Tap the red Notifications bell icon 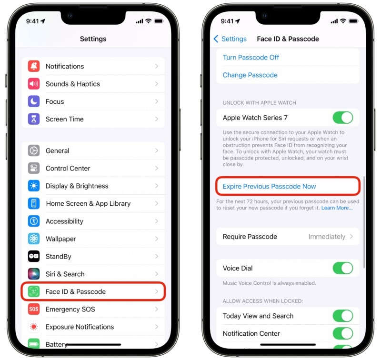34,66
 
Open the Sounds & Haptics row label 72,84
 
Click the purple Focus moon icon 34,101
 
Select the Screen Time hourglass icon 34,119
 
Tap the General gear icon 34,150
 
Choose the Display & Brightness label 77,186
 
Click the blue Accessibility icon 34,221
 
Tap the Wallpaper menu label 60,239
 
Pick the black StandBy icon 34,256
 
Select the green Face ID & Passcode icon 34,291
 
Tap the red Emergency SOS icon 34,309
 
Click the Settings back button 230,39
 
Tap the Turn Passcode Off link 251,57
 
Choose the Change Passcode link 250,75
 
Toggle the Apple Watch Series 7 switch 343,118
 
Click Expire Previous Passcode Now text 269,186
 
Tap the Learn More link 337,208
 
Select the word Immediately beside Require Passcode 327,237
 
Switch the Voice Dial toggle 343,268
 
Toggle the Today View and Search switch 343,316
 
